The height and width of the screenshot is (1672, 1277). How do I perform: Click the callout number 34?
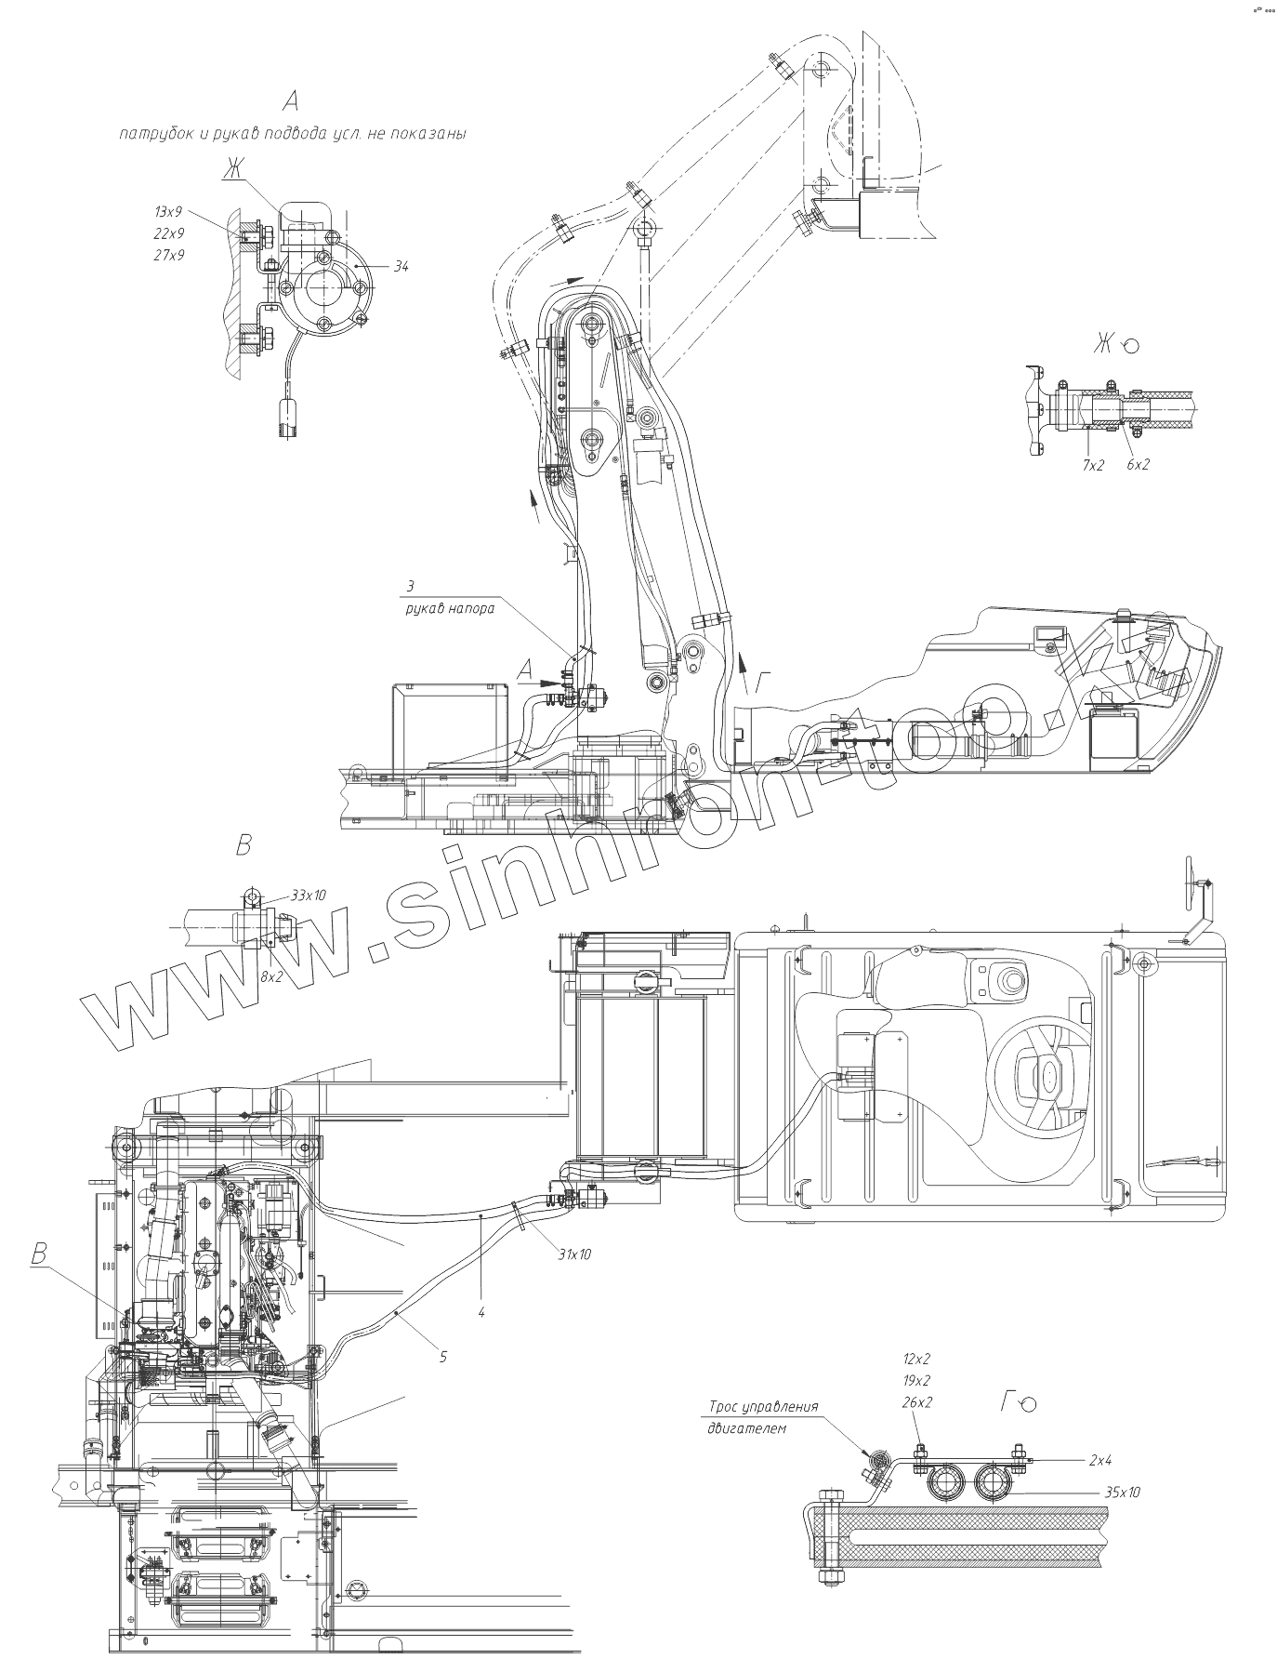[401, 266]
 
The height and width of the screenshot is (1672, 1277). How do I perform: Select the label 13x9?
[169, 212]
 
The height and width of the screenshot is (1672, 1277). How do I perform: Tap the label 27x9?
[169, 254]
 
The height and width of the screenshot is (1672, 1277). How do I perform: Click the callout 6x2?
[1138, 464]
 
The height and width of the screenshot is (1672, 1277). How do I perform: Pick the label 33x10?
[309, 895]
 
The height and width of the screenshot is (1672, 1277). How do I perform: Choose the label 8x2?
[272, 976]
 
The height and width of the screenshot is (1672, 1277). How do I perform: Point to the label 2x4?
[1100, 1460]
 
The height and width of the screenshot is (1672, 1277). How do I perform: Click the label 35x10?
[1122, 1492]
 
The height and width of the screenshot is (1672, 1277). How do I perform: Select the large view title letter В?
[244, 846]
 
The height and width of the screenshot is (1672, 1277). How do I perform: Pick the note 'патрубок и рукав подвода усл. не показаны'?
[293, 133]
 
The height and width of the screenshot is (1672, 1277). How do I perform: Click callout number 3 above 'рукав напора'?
[409, 586]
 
